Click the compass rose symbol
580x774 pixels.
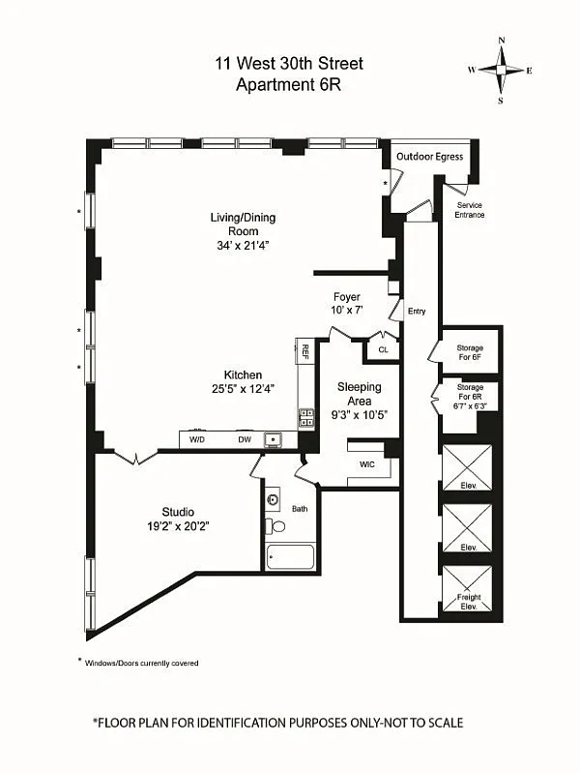(501, 70)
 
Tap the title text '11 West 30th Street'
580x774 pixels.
(290, 65)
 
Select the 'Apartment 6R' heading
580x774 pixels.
(290, 84)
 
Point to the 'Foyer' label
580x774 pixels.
(346, 297)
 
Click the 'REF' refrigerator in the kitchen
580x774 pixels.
(304, 351)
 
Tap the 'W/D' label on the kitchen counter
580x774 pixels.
(197, 440)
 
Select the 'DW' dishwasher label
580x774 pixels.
(245, 440)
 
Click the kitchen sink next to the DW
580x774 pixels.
(275, 440)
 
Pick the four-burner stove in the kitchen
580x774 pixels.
(305, 418)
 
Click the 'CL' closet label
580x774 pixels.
(383, 350)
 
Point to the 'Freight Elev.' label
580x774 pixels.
(468, 602)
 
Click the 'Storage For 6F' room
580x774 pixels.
(470, 352)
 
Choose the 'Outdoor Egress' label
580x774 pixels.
(428, 157)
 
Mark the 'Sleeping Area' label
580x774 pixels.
(359, 394)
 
